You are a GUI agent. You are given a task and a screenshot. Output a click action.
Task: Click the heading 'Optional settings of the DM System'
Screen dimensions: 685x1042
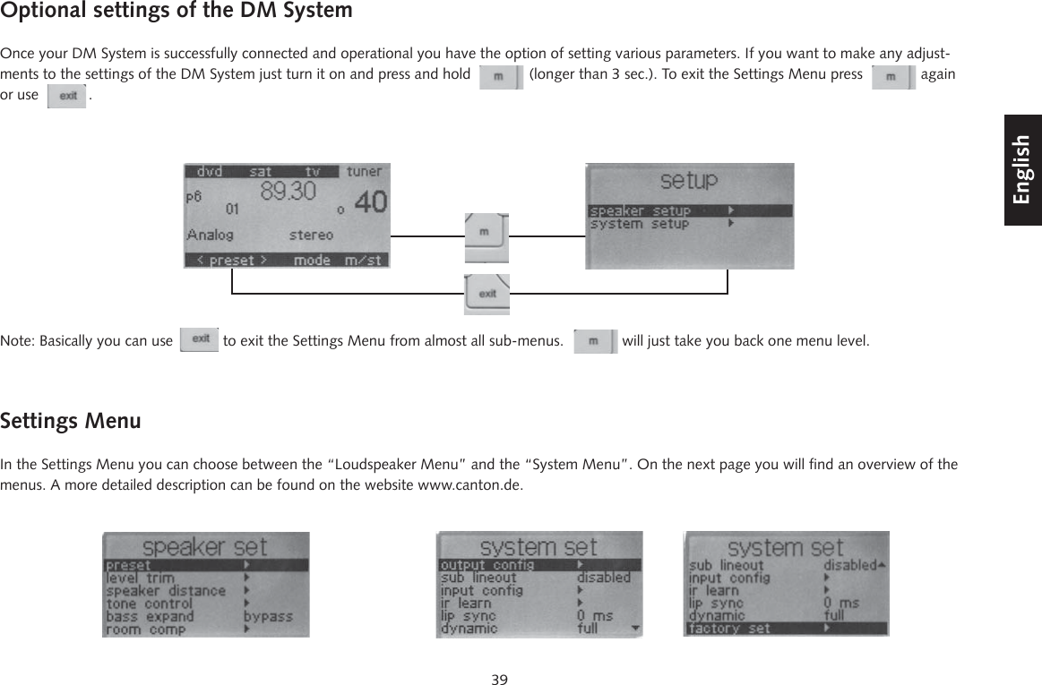point(177,12)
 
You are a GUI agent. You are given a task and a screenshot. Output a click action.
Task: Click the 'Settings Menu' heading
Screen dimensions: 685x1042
point(71,421)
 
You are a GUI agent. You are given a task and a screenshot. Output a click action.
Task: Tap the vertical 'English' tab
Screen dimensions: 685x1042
point(1023,169)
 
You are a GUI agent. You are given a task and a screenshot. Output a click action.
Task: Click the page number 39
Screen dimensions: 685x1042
point(499,679)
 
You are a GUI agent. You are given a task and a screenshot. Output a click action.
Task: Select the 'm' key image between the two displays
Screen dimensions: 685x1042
point(487,235)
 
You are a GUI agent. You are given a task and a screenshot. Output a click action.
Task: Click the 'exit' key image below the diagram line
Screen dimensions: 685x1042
point(487,294)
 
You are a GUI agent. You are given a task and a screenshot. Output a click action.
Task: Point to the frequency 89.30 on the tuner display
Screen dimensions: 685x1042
point(287,190)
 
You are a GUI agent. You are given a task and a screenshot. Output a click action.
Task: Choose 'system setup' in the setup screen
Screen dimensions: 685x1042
point(641,224)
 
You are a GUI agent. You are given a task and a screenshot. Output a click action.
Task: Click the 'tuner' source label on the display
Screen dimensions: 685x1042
point(364,171)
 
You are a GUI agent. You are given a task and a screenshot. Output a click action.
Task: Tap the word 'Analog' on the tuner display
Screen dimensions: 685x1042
point(210,235)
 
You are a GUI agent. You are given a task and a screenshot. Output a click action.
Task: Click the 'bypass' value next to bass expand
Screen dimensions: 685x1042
point(268,616)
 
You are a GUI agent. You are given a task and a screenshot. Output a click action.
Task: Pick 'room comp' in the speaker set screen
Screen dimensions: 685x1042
point(145,629)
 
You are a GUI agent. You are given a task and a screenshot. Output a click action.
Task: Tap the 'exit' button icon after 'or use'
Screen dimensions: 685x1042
point(67,96)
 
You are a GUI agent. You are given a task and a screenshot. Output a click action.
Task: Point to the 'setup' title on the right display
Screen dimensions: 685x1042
point(688,182)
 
